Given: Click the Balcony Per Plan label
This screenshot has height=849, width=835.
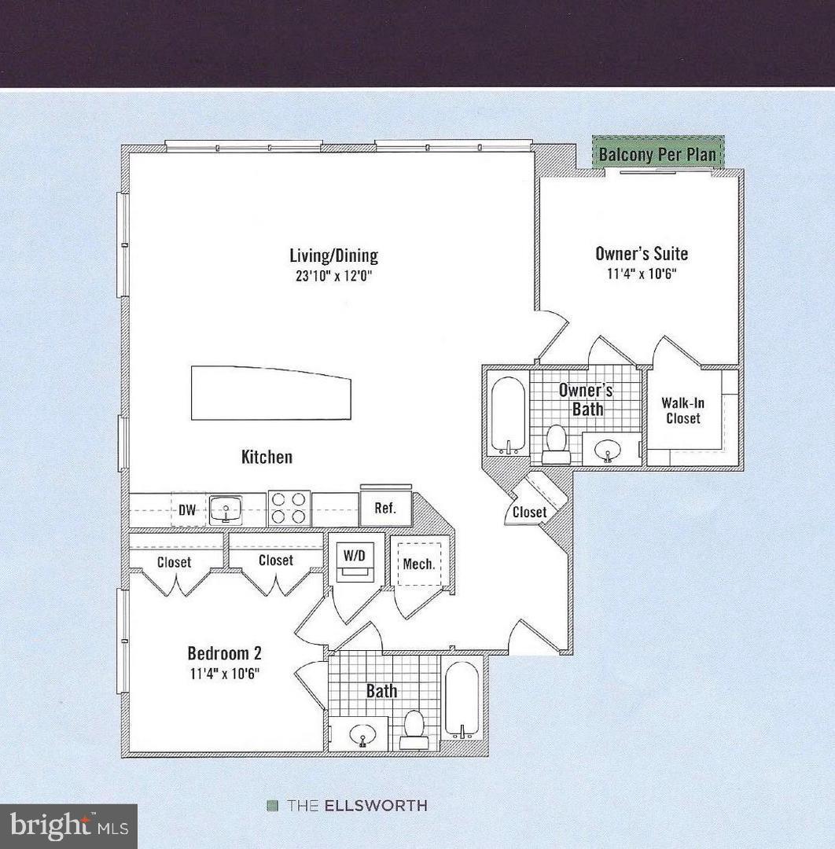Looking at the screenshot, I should (x=657, y=153).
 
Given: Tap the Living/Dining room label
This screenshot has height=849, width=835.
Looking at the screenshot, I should (x=333, y=255).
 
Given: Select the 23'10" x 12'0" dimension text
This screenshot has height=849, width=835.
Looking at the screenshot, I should (x=333, y=276).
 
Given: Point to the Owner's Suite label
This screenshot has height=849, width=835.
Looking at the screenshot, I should (x=642, y=253).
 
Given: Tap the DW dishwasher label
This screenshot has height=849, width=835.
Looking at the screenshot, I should (x=187, y=510).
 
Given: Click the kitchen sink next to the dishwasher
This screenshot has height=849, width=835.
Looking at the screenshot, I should (x=226, y=509).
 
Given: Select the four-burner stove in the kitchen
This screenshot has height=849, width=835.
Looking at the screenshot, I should (x=289, y=508).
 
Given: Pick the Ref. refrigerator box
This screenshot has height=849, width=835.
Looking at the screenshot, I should (x=385, y=508).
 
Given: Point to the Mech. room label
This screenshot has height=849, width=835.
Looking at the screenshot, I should (x=418, y=564).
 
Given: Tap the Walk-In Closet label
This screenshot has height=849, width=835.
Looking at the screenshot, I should (x=682, y=410).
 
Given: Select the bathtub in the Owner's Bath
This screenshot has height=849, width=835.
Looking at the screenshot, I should (x=507, y=415).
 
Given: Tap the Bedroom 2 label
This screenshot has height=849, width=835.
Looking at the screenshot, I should (x=224, y=653).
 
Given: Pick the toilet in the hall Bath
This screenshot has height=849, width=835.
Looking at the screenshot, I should (x=413, y=729).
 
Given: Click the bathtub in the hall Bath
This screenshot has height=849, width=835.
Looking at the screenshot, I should (x=461, y=700).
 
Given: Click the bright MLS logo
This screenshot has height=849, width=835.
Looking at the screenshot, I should (x=68, y=826).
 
